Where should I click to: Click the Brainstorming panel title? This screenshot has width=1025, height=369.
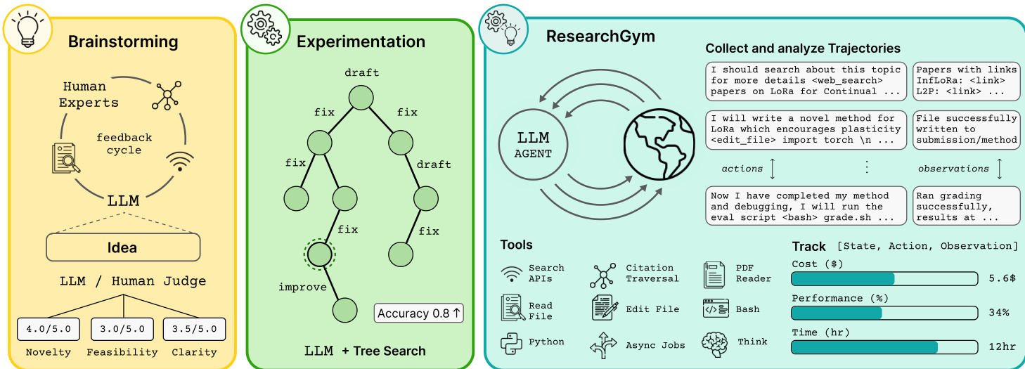click(123, 41)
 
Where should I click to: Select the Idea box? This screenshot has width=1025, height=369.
click(123, 247)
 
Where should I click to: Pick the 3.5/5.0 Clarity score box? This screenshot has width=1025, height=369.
click(194, 329)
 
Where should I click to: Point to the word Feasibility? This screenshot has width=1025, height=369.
click(122, 351)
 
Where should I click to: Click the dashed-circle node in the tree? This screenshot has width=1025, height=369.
click(319, 254)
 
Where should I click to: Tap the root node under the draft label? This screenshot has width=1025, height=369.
click(361, 96)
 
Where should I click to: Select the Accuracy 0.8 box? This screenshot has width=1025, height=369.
click(419, 313)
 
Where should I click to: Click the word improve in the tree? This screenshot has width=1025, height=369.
click(302, 287)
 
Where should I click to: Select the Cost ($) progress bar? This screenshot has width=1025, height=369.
click(884, 278)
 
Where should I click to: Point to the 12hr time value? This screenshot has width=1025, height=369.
click(1000, 347)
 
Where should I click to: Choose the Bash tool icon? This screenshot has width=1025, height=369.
click(715, 309)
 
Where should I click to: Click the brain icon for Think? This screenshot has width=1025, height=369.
click(714, 343)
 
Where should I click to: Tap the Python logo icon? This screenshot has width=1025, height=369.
click(511, 342)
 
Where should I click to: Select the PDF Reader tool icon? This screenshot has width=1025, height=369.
click(714, 274)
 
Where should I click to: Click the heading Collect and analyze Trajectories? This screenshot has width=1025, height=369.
click(802, 48)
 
